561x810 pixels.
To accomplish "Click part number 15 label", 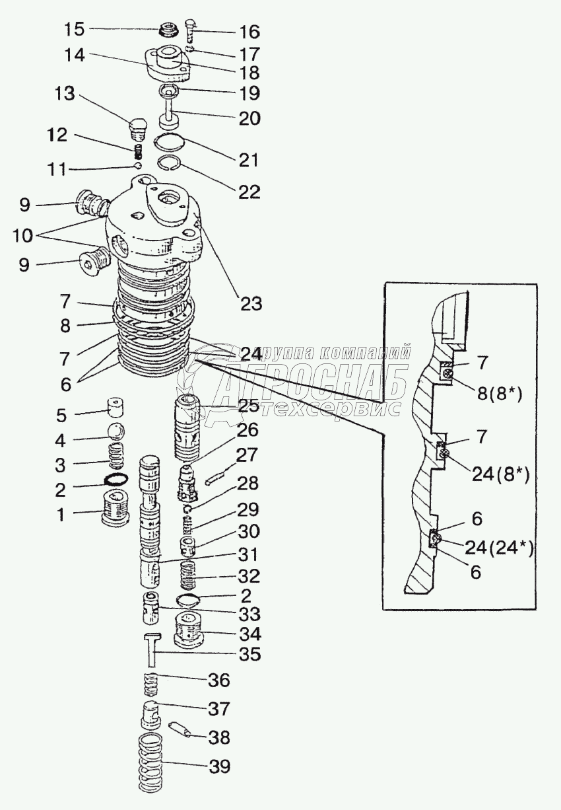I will [x=74, y=29].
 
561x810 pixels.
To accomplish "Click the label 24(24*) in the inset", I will [x=500, y=548].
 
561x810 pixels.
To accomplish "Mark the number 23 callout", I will [x=250, y=304].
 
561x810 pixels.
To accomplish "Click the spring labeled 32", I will [x=191, y=572].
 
